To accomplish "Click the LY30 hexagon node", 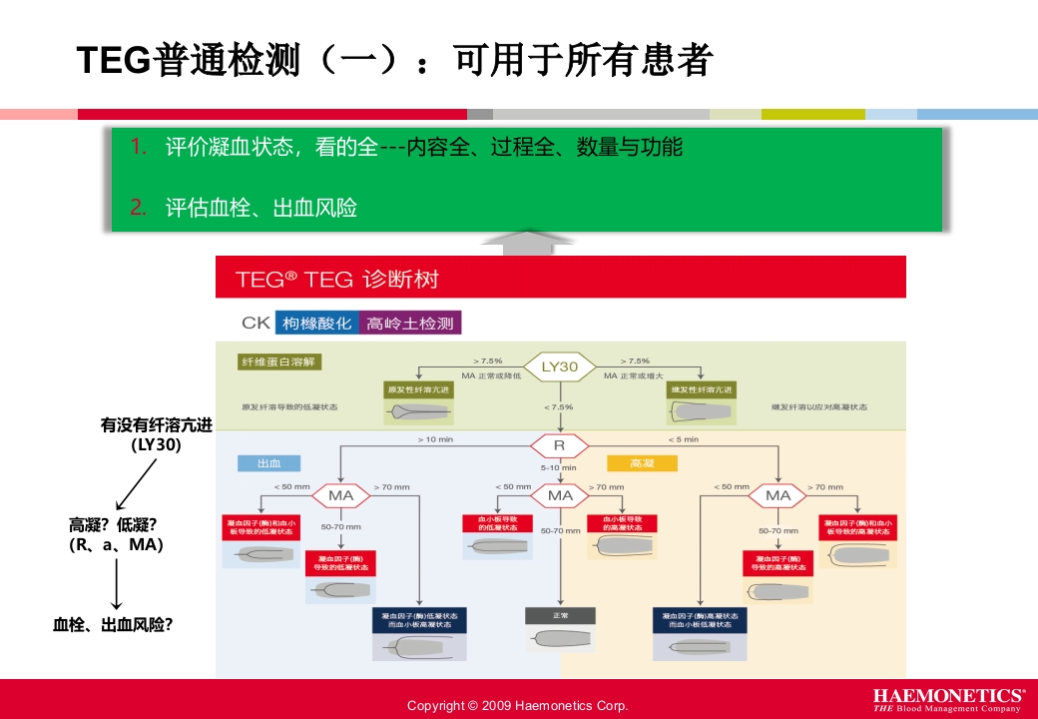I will point(560,366).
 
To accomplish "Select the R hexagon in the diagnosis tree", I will point(559,445).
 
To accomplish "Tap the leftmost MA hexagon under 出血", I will point(341,495).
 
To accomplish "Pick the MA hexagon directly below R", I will point(560,495).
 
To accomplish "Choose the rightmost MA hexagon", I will point(778,495).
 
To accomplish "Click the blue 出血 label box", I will point(268,463).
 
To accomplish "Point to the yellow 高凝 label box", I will point(642,463).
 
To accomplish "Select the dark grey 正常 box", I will point(560,615).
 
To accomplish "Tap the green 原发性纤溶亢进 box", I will point(417,388).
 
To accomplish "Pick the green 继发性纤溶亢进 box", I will point(702,388).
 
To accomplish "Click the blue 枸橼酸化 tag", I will point(316,324).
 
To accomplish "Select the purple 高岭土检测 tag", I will point(409,324).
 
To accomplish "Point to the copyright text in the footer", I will point(517,706).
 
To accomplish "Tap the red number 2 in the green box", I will point(138,208).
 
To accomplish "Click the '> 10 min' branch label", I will point(435,438).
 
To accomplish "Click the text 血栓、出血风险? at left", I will point(113,625).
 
